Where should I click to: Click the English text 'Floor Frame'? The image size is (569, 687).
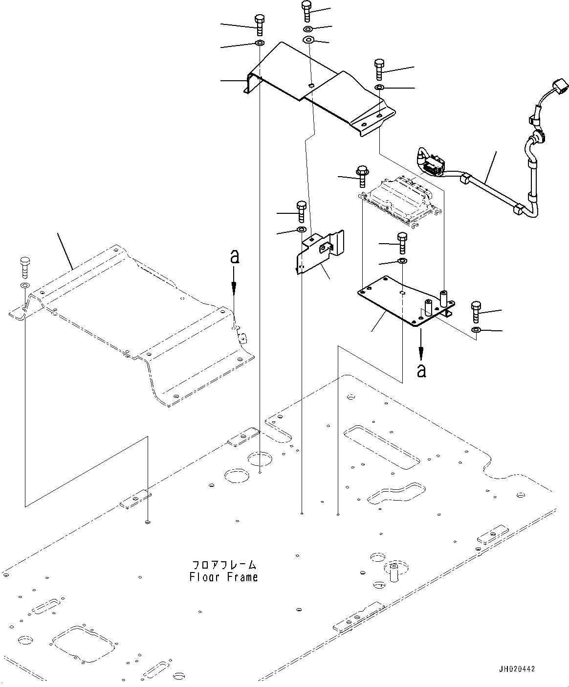(223, 577)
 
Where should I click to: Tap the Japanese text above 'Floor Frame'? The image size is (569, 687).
(224, 565)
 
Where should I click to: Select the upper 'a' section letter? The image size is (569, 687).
(235, 257)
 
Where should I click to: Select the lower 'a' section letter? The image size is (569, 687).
(421, 370)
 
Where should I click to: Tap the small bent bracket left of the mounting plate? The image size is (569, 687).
(320, 251)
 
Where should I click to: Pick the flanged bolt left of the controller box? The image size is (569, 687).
(362, 177)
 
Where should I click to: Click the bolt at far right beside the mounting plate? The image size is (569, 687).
(477, 312)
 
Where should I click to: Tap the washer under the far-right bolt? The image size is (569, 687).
(476, 331)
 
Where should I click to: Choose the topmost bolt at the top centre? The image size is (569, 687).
(306, 11)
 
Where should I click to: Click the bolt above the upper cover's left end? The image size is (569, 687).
(260, 24)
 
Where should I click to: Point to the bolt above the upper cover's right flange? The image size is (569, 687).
(379, 69)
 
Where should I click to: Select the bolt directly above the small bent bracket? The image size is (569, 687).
(301, 211)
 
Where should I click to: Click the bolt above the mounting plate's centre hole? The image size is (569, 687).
(402, 242)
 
